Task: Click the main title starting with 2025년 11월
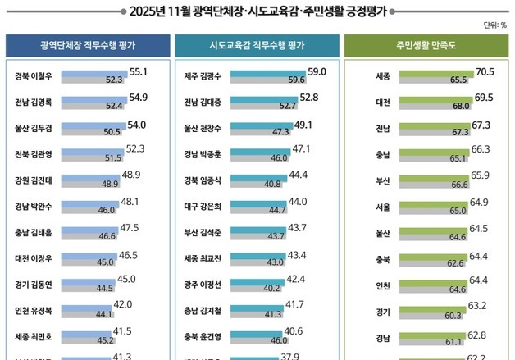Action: (257, 11)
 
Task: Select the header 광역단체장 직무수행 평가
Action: (87, 46)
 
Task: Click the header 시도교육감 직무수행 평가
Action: (257, 46)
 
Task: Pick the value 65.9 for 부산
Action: (480, 175)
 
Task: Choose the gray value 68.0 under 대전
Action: (462, 106)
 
